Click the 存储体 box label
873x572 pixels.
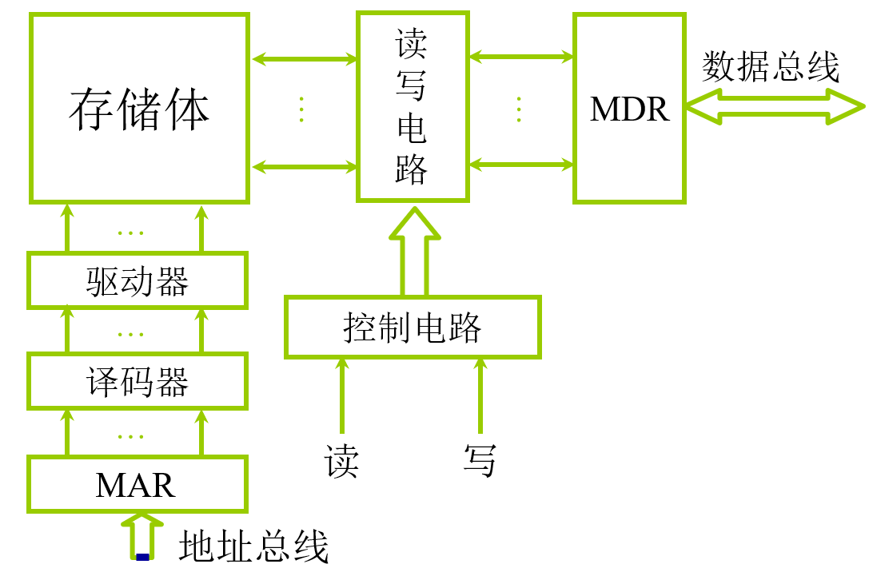[x=139, y=109]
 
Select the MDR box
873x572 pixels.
[x=629, y=109]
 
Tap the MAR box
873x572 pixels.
[x=137, y=485]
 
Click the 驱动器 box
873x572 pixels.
[x=137, y=281]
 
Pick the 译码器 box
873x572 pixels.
[x=137, y=383]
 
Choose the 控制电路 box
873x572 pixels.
[x=413, y=327]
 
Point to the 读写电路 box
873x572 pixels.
[x=412, y=106]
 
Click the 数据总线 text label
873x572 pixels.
[x=771, y=67]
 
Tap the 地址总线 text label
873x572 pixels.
[x=253, y=548]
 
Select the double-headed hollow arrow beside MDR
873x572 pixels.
[x=773, y=106]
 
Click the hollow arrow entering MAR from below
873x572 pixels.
[x=142, y=534]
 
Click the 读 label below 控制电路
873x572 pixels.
[x=341, y=461]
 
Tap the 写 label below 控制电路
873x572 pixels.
[x=480, y=461]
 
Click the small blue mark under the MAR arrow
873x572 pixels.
[x=142, y=557]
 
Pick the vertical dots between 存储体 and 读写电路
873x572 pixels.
[x=301, y=109]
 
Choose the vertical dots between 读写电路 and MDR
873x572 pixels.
[x=519, y=109]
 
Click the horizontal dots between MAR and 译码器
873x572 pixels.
[x=130, y=436]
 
